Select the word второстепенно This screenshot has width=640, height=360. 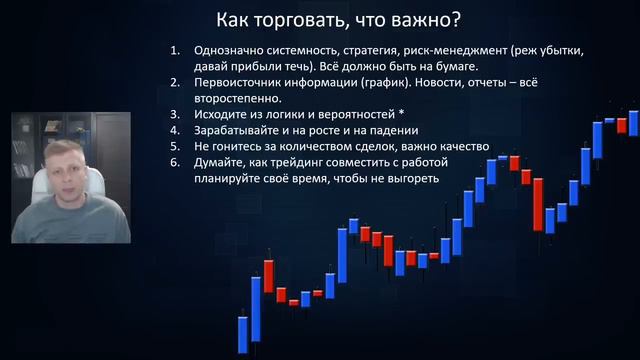pos(243,98)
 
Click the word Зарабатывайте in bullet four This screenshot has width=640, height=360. pos(243,130)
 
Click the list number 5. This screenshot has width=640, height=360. pos(174,146)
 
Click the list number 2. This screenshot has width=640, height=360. pos(174,83)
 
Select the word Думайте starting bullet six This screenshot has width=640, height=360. pos(221,162)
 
